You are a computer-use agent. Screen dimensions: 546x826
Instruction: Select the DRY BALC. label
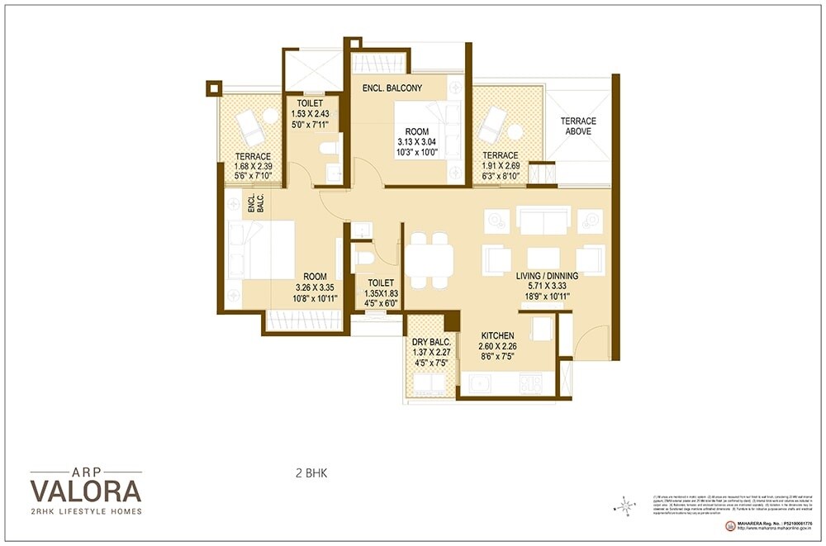pos(430,341)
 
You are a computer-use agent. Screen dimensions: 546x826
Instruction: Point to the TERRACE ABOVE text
pos(578,126)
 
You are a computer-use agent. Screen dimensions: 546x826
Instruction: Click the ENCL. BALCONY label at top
pos(392,88)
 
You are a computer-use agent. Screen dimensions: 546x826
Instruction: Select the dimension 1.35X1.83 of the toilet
pos(382,293)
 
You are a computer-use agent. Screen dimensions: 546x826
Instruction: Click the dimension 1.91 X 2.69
pos(501,166)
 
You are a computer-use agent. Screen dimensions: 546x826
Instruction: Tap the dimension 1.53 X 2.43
pos(310,114)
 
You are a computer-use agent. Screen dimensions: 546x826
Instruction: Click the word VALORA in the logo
pos(86,491)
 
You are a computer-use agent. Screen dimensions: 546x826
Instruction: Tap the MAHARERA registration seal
pos(730,525)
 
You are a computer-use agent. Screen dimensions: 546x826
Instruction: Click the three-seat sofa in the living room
pos(543,219)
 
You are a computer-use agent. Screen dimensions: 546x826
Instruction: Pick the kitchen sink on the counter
pos(480,383)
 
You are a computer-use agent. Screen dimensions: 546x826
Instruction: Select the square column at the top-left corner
pos(214,87)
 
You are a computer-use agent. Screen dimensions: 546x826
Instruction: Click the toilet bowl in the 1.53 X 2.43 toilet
pos(329,150)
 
